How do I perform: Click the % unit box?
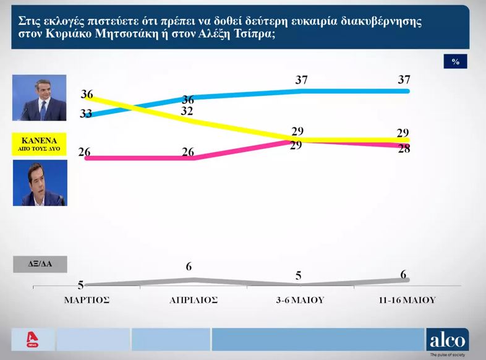coord(455,61)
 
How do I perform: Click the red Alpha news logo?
coord(28,340)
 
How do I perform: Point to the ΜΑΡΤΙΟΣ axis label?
coord(87,300)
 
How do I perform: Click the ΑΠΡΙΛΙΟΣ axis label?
coord(194,300)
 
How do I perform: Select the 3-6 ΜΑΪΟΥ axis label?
coord(301,300)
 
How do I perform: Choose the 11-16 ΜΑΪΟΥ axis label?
coord(407,300)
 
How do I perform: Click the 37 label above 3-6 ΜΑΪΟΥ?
coord(301,80)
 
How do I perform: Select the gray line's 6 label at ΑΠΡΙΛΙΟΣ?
coord(190,267)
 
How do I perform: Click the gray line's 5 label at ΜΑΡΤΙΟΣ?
coord(81,285)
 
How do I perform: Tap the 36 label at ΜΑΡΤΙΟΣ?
coord(87,95)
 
